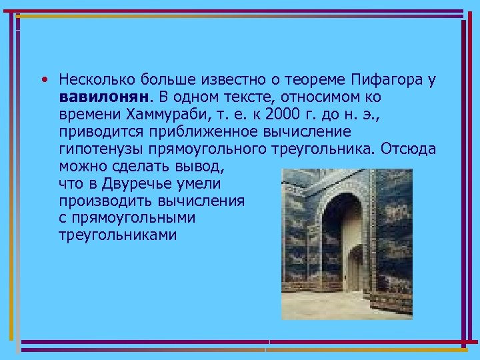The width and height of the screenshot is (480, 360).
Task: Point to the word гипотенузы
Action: [95, 149]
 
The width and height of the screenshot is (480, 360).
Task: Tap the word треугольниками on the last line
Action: [117, 235]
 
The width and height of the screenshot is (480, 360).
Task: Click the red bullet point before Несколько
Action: [43, 80]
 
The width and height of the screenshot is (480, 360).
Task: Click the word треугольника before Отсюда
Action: [321, 149]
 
